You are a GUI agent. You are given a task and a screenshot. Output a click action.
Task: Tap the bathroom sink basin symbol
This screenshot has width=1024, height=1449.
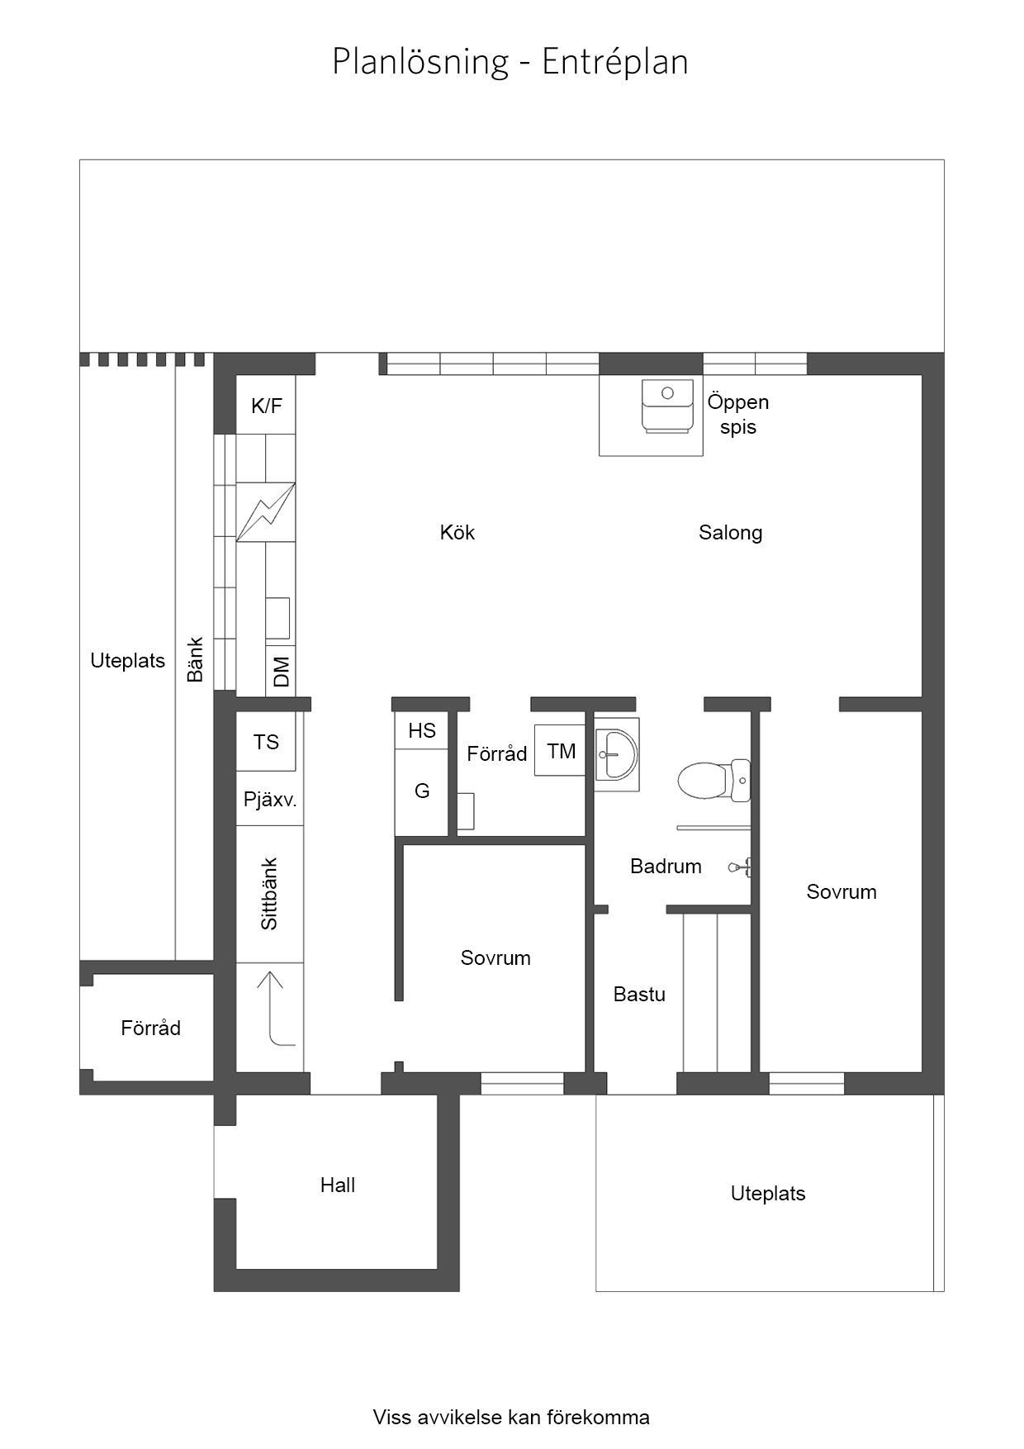tap(616, 754)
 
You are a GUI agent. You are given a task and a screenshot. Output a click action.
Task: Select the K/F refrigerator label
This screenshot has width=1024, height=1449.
tap(267, 406)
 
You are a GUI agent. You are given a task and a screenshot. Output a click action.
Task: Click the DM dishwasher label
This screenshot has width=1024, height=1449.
tap(282, 671)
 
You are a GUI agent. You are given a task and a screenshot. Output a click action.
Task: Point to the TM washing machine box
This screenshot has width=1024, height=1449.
tap(560, 750)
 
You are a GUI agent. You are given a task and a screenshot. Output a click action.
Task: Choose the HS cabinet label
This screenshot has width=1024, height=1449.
tap(422, 730)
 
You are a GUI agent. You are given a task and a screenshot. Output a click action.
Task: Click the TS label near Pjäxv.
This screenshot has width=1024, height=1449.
tap(266, 742)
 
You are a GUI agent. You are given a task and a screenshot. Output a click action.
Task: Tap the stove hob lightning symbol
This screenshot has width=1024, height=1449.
tap(266, 512)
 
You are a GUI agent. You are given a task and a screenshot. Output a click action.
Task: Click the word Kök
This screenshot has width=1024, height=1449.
tap(457, 532)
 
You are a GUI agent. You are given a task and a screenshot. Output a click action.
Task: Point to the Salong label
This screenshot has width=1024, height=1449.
tap(731, 533)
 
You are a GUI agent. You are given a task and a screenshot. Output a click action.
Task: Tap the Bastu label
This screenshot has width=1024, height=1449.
tap(639, 994)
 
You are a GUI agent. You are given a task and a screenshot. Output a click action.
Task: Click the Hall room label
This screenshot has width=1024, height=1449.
tap(338, 1185)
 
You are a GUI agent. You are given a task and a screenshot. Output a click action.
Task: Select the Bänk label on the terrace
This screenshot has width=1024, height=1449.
tap(195, 659)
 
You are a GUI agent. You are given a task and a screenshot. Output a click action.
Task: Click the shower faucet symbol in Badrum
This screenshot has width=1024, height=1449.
tap(740, 867)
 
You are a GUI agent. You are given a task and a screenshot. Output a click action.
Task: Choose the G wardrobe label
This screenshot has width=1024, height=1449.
tap(422, 791)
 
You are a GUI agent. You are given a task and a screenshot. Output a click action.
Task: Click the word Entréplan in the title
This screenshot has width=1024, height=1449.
tap(615, 62)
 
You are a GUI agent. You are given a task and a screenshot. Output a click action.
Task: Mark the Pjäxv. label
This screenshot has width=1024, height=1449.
tap(270, 800)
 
